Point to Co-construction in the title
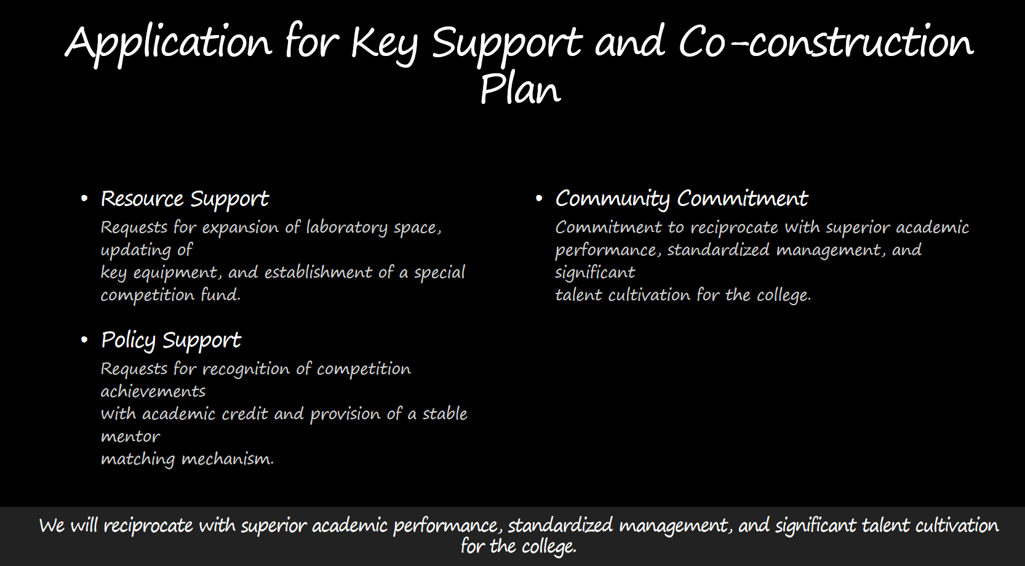coord(826,42)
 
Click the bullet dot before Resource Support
coord(84,199)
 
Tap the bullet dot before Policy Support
coord(84,340)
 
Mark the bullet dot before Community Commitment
coord(538,199)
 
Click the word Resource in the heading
coord(142,199)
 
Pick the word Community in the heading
coord(612,200)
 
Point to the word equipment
coord(178,273)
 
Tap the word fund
coord(220,294)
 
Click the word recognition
coord(245,369)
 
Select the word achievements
coord(153,392)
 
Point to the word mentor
coord(130,437)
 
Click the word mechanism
coord(228,458)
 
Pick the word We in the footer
coord(52,526)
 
